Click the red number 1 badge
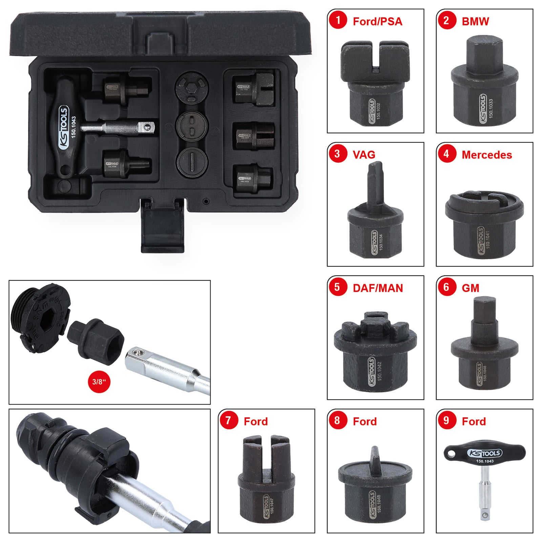338,20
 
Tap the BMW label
475,21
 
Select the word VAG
364,155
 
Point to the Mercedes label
486,155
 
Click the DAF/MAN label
378,288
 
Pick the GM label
470,288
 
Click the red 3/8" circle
99,382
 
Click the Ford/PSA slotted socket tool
375,83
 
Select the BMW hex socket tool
484,83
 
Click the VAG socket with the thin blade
375,213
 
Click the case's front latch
163,227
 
